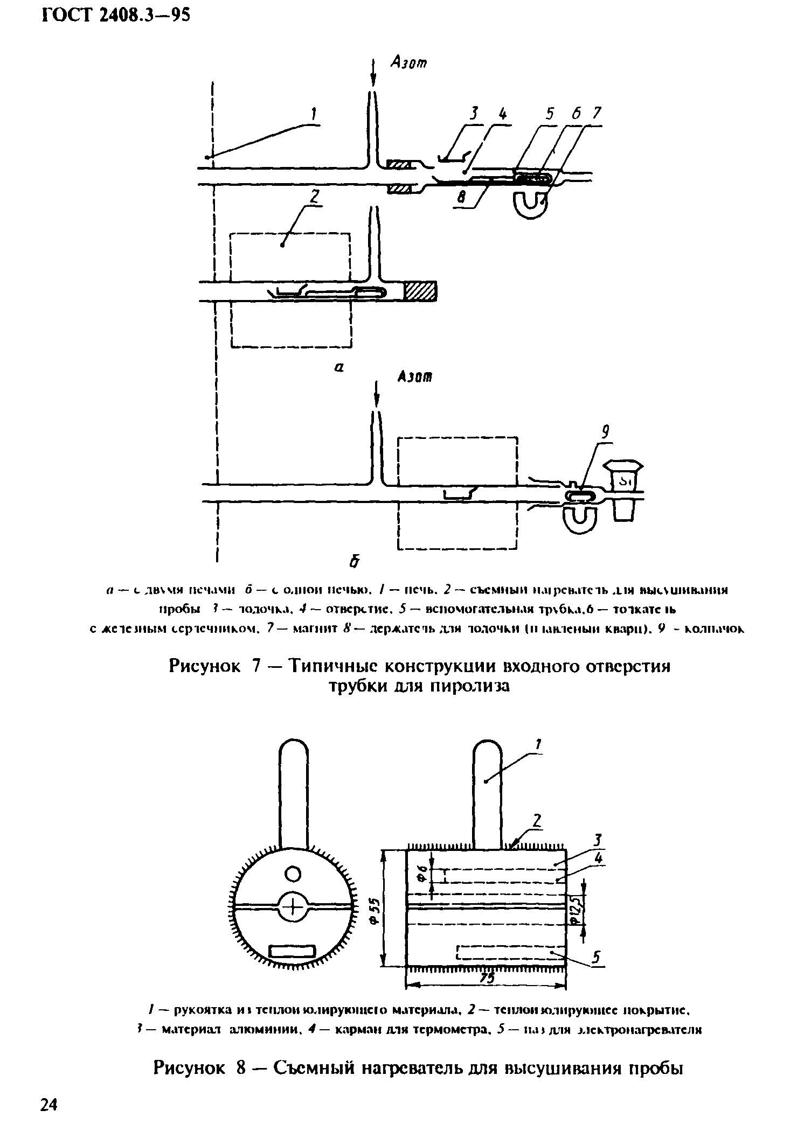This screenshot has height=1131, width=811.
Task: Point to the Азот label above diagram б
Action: click(x=415, y=378)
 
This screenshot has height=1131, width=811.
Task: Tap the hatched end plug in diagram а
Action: click(x=421, y=291)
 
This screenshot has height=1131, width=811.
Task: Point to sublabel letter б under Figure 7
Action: click(x=354, y=562)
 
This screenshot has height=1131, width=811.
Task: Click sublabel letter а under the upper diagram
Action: click(x=338, y=367)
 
